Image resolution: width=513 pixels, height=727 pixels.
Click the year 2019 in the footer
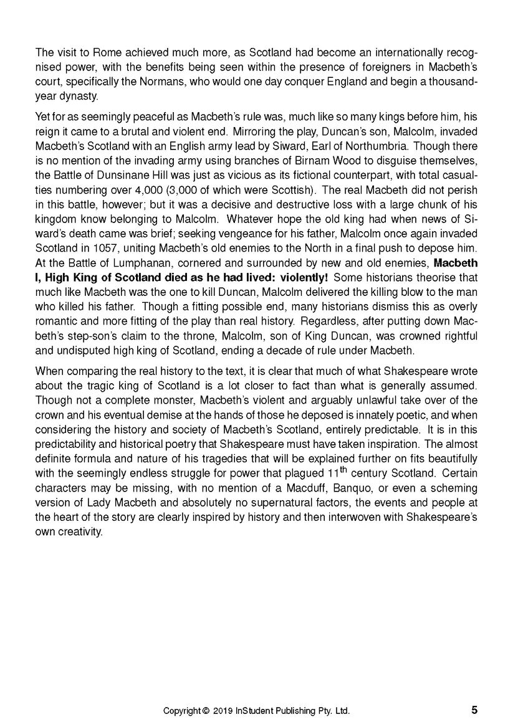coord(223,710)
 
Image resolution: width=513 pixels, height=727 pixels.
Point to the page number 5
coord(474,710)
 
